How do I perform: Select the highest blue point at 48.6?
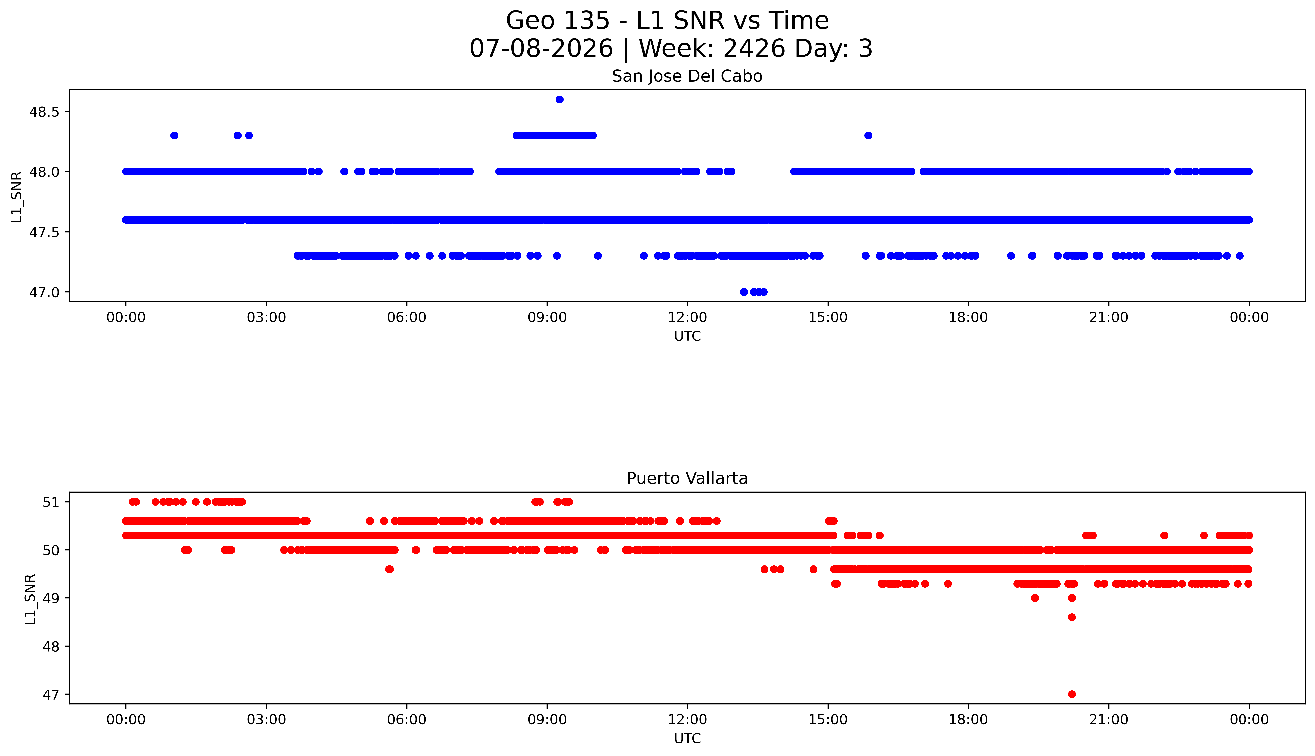point(559,100)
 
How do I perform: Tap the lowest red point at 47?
point(1072,694)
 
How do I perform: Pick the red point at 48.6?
point(1072,617)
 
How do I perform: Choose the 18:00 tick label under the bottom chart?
point(968,720)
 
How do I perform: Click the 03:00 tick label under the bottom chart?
point(266,720)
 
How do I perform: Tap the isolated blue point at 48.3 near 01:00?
point(174,136)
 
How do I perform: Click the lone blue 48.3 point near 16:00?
point(868,136)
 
